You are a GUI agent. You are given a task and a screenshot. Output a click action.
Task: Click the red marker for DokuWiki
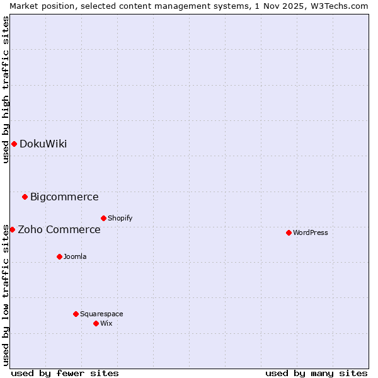14,144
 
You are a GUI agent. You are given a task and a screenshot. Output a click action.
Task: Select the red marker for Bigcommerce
25,197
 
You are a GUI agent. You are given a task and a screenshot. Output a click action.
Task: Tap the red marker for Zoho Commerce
12,229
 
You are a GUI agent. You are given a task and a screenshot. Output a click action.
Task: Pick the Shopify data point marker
103,218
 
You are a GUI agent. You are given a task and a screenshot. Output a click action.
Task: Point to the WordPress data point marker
289,232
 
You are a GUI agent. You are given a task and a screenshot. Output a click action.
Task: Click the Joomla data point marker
59,256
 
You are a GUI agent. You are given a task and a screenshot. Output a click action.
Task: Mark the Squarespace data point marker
76,314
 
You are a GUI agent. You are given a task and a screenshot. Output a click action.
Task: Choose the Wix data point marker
96,323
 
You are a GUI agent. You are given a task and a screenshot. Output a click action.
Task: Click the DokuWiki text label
43,144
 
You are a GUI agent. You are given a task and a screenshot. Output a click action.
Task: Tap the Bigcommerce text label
64,197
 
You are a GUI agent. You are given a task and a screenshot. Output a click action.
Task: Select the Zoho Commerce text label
59,229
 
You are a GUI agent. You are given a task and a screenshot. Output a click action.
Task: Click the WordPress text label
311,232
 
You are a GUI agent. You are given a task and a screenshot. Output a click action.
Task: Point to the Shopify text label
120,218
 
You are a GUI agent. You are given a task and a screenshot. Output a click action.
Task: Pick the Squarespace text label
101,314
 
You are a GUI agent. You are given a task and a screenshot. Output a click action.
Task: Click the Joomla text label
75,256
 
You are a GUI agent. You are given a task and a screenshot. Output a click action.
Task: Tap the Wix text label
106,323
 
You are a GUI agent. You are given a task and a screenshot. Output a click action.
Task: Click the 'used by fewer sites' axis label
65,373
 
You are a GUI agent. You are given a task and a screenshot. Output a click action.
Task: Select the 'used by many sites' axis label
316,373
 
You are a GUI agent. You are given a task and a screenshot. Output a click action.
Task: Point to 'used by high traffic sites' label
6,89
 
